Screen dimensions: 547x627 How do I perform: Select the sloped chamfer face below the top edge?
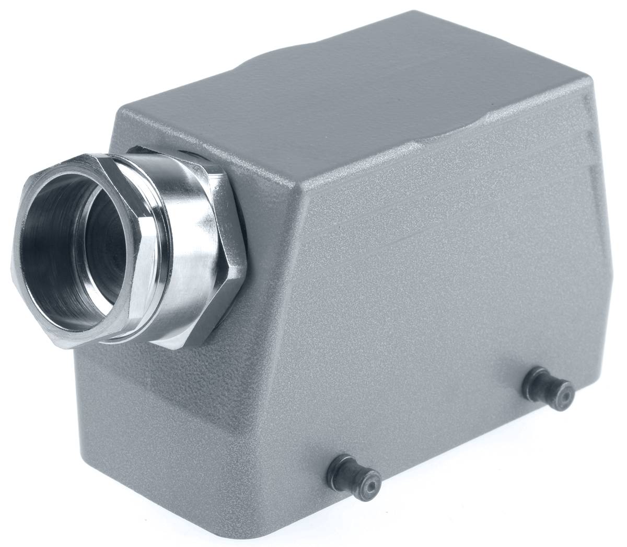tap(444, 178)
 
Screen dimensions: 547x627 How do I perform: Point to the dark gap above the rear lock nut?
tap(193, 154)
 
